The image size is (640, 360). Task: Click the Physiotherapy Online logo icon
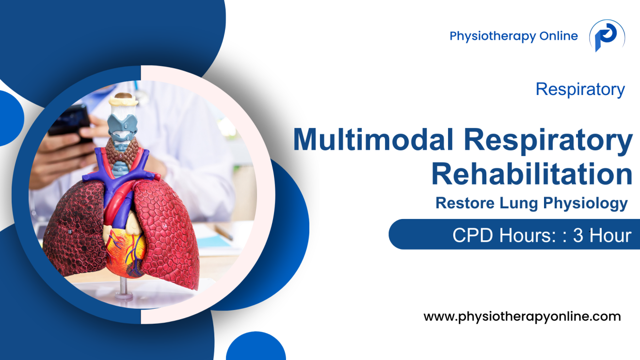pyautogui.click(x=607, y=36)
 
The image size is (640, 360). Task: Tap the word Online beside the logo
pyautogui.click(x=559, y=36)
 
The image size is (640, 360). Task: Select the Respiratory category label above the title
pyautogui.click(x=580, y=89)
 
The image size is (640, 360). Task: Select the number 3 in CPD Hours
pyautogui.click(x=577, y=235)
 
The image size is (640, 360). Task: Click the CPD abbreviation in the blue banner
pyautogui.click(x=469, y=235)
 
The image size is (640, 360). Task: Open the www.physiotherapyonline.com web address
pyautogui.click(x=522, y=317)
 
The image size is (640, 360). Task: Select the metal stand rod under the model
pyautogui.click(x=124, y=286)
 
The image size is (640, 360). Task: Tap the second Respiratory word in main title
pyautogui.click(x=548, y=141)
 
